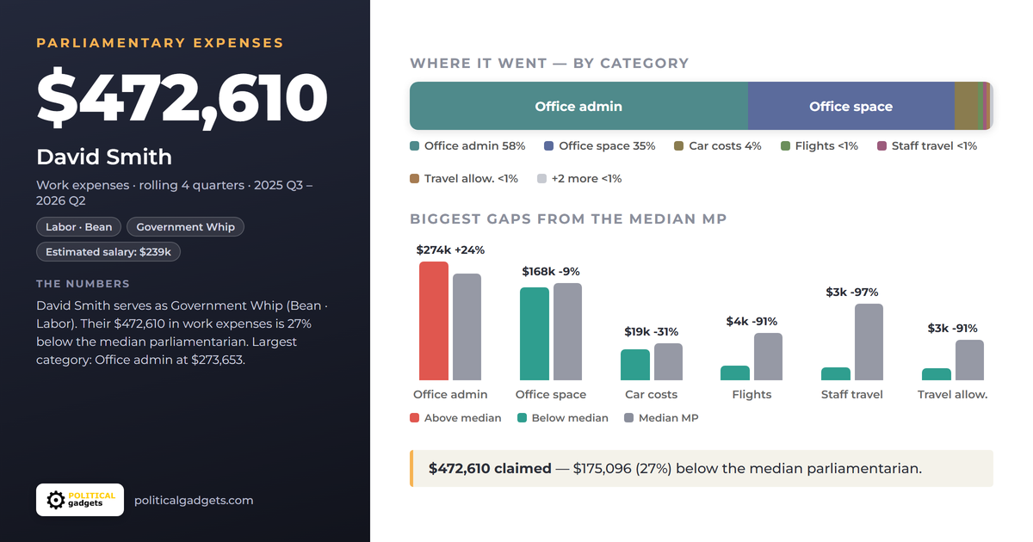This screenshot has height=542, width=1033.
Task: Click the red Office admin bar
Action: coord(434,321)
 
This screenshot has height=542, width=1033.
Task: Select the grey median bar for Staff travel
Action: coord(869,342)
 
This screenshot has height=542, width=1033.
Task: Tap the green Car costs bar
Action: coord(635,365)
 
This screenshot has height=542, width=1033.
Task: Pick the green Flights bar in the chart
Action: coord(735,373)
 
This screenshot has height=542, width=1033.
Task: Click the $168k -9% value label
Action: coord(551,272)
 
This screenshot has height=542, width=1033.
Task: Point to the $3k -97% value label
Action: coord(851,293)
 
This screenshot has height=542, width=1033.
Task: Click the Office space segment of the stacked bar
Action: coord(851,106)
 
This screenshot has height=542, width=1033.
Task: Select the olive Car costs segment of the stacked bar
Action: coord(966,106)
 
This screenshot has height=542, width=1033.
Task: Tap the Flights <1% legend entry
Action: coord(819,146)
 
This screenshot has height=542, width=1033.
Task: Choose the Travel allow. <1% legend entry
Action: coord(464,178)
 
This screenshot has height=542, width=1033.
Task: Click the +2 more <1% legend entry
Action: coord(579,178)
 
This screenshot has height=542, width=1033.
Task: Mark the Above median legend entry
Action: coord(455,418)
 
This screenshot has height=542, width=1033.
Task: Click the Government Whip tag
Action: coord(185,227)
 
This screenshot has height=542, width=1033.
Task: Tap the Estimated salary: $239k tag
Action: coord(108,251)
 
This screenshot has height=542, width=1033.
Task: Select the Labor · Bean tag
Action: coord(79,227)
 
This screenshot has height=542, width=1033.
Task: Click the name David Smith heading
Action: coord(104,157)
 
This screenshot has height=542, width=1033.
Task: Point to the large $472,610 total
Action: coord(182,98)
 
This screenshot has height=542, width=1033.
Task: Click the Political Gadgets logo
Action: coord(80,500)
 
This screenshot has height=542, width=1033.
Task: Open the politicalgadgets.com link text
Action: coord(194,501)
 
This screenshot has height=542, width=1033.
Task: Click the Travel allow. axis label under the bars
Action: coord(952,395)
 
